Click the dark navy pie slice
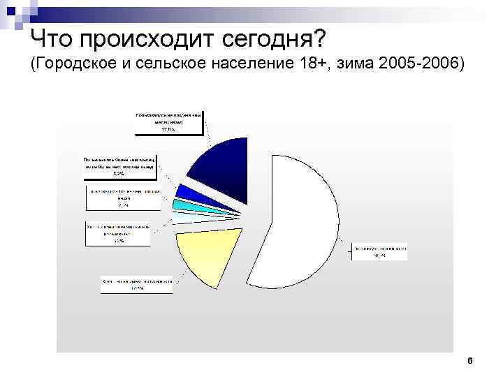pos(220,168)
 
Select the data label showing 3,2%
pos(118,172)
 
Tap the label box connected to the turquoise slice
pos(123,198)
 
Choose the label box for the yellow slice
pos(137,283)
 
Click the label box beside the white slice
pos(379,252)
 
